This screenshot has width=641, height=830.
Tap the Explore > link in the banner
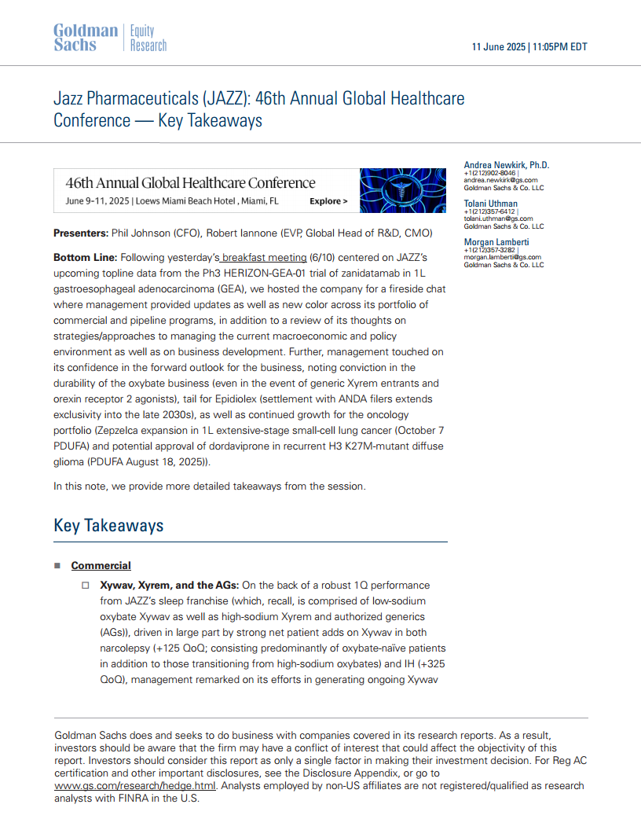pyautogui.click(x=328, y=201)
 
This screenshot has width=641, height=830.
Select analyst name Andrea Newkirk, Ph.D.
pyautogui.click(x=507, y=165)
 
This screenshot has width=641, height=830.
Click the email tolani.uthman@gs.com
pyautogui.click(x=498, y=219)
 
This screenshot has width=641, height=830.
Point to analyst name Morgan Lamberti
pyautogui.click(x=496, y=241)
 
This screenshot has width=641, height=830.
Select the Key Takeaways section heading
pyautogui.click(x=108, y=525)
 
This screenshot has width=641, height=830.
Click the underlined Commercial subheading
pyautogui.click(x=101, y=566)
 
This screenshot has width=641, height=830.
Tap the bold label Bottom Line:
pyautogui.click(x=86, y=258)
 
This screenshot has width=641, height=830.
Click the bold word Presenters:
pyautogui.click(x=81, y=233)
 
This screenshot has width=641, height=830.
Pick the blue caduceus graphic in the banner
pyautogui.click(x=401, y=191)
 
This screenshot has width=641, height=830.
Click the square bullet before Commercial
pyautogui.click(x=57, y=566)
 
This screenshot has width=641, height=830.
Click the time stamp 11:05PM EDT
pyautogui.click(x=560, y=47)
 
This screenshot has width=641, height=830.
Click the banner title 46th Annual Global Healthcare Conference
pyautogui.click(x=190, y=184)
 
